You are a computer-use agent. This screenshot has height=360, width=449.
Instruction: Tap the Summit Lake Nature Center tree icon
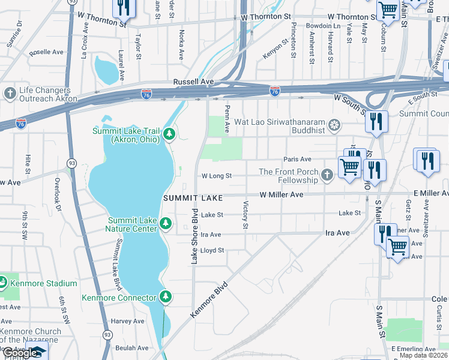[166, 224]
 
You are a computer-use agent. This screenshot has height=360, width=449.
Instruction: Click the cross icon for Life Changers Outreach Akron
[10, 93]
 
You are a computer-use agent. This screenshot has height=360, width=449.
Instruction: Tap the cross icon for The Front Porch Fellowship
[327, 175]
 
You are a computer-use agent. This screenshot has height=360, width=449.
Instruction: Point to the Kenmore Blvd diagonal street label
[209, 299]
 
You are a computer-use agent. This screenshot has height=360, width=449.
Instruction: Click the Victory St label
[245, 215]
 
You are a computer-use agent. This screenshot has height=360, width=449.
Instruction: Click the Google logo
[20, 353]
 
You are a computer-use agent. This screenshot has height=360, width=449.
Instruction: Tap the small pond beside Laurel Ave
[107, 70]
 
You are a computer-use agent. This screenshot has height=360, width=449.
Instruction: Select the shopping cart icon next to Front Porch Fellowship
[349, 167]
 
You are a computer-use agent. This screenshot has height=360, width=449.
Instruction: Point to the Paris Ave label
[298, 159]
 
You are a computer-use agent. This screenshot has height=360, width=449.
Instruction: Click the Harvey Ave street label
[128, 321]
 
